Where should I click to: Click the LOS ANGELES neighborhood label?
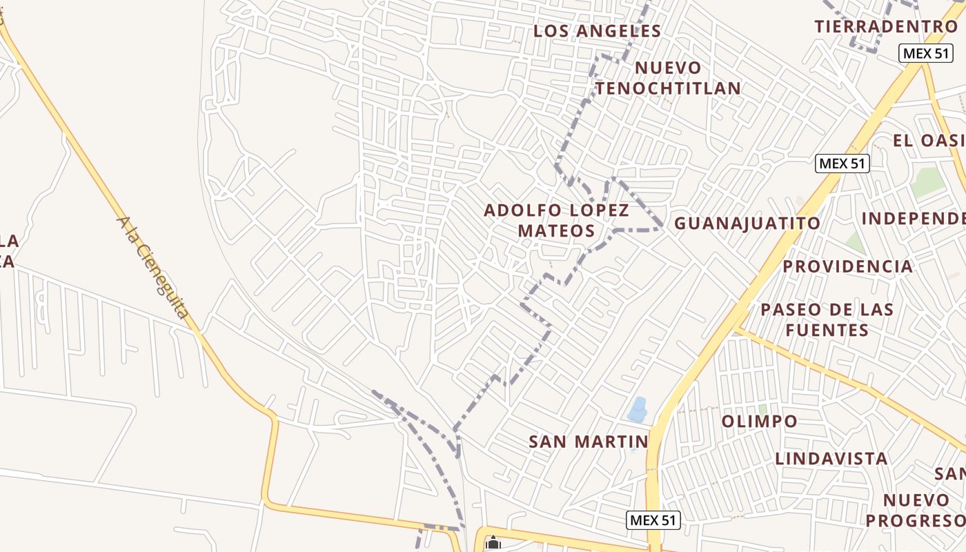(x=598, y=31)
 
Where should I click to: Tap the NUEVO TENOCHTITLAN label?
(x=668, y=78)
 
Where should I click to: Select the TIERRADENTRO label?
(x=886, y=26)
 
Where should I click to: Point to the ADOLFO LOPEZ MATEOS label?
(x=557, y=220)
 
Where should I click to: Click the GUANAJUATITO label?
(x=747, y=223)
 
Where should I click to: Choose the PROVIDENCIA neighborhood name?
(x=847, y=266)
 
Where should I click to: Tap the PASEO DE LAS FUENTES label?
(x=827, y=319)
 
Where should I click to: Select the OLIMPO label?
(x=759, y=421)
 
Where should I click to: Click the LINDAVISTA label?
(x=831, y=458)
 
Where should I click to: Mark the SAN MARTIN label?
(x=588, y=441)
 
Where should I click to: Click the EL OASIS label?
(x=928, y=140)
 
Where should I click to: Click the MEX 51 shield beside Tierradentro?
(x=925, y=53)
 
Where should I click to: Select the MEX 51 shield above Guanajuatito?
(x=842, y=164)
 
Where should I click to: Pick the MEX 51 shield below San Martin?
(x=653, y=520)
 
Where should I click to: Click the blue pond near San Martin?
(x=638, y=409)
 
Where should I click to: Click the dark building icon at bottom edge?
(x=493, y=544)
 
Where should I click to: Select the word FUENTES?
(x=827, y=330)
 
